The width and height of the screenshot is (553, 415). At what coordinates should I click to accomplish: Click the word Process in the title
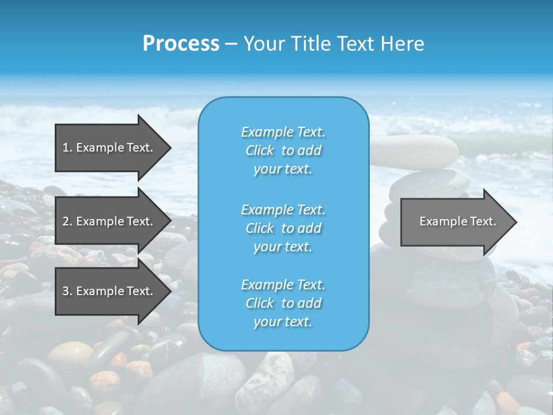click(181, 44)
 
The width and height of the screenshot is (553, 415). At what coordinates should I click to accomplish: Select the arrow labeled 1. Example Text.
click(108, 148)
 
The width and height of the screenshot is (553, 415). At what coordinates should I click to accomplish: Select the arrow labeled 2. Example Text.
click(108, 221)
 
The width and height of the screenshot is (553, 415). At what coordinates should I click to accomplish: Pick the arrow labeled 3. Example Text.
click(108, 291)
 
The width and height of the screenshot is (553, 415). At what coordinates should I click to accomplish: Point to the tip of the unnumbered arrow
click(516, 222)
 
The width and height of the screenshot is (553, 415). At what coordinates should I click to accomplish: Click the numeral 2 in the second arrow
click(66, 221)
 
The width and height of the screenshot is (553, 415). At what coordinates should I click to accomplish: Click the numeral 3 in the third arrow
click(66, 291)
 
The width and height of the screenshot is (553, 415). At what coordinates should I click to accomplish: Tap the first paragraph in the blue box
click(283, 150)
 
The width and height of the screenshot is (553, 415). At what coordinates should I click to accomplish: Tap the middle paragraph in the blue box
click(283, 228)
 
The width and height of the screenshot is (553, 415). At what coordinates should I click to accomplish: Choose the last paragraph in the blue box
click(283, 303)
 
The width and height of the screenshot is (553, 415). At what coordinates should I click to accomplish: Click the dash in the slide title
click(231, 44)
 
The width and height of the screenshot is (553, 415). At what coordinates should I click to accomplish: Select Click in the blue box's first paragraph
click(260, 151)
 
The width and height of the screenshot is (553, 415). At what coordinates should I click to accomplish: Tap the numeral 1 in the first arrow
click(66, 148)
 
